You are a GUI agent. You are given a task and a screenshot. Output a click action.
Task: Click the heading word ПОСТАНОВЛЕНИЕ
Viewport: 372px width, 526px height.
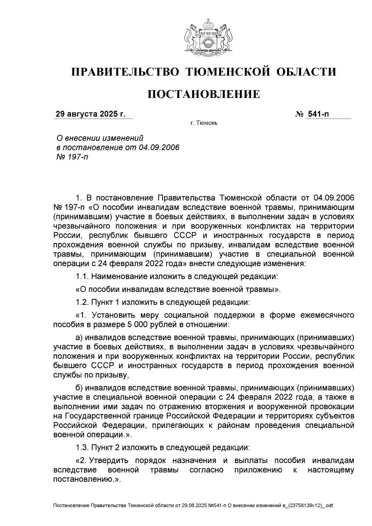(x=204, y=94)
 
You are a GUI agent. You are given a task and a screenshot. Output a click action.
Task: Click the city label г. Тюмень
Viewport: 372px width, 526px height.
(x=204, y=123)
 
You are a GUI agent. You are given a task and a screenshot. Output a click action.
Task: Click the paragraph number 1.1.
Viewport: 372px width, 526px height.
(x=82, y=276)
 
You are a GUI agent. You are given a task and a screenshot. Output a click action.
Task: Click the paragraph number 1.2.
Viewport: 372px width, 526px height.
(x=82, y=302)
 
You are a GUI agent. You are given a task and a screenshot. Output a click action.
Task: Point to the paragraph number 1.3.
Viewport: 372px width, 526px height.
(x=82, y=448)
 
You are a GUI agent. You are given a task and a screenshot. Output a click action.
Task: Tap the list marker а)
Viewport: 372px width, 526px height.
(x=79, y=337)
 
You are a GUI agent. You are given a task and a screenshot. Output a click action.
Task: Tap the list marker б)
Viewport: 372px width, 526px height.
(x=79, y=388)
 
